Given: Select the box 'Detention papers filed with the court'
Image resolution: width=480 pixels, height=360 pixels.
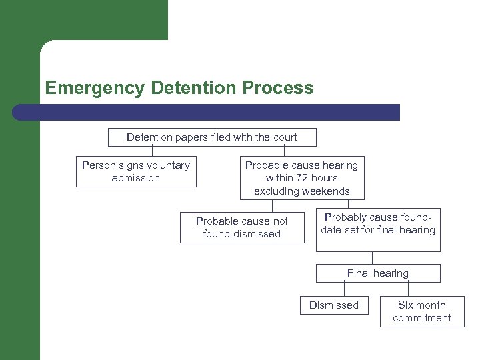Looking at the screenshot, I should point(212,137).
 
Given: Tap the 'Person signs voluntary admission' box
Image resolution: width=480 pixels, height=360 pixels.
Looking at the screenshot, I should point(136,171).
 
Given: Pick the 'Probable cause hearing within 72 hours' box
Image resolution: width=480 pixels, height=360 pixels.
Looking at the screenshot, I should point(301,178).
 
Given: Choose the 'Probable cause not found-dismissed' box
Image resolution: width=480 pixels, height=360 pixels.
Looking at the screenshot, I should point(242,227).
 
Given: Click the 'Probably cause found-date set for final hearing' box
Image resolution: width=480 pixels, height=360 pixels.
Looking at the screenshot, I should point(378,230).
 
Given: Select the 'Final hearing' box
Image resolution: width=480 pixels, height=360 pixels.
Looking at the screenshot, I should point(378,273).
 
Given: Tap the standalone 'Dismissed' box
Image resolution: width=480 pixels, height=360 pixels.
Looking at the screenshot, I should point(333,305).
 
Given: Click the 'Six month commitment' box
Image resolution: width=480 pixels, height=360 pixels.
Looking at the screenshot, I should point(421,311).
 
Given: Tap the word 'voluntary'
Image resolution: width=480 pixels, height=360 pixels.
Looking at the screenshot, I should point(166,165).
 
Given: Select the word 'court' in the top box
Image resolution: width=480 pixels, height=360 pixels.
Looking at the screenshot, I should point(283,137).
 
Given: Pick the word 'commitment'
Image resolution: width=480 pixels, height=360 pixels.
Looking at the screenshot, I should point(421,318).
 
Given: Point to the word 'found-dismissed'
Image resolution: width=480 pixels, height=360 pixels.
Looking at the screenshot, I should point(242,234).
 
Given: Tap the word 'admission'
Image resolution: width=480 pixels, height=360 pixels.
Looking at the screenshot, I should point(136,178).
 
